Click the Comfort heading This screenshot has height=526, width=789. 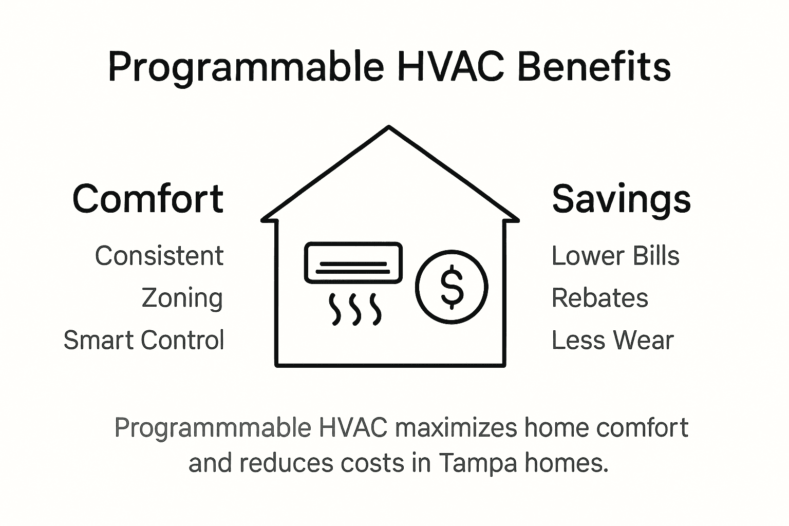(148, 199)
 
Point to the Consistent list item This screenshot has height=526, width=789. (159, 256)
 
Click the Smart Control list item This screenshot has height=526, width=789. (144, 340)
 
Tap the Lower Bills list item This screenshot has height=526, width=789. (615, 256)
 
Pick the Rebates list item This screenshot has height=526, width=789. (600, 298)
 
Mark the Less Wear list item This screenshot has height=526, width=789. (612, 340)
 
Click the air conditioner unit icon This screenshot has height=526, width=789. (353, 263)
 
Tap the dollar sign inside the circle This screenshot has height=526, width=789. (452, 287)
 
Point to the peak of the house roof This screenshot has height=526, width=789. (389, 127)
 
